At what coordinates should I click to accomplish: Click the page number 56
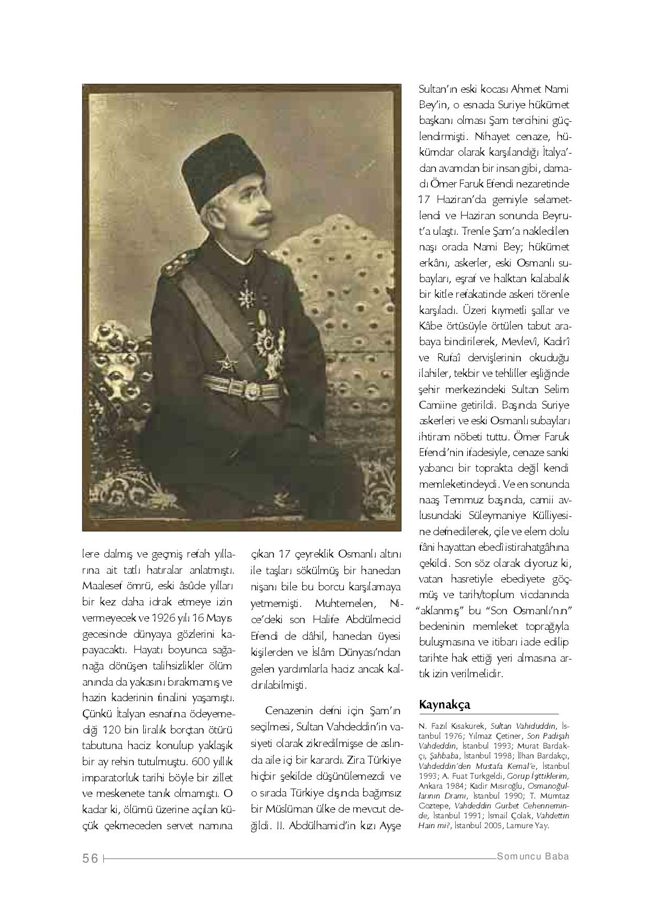pos(90,858)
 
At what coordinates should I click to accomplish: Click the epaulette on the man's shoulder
pos(173,268)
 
